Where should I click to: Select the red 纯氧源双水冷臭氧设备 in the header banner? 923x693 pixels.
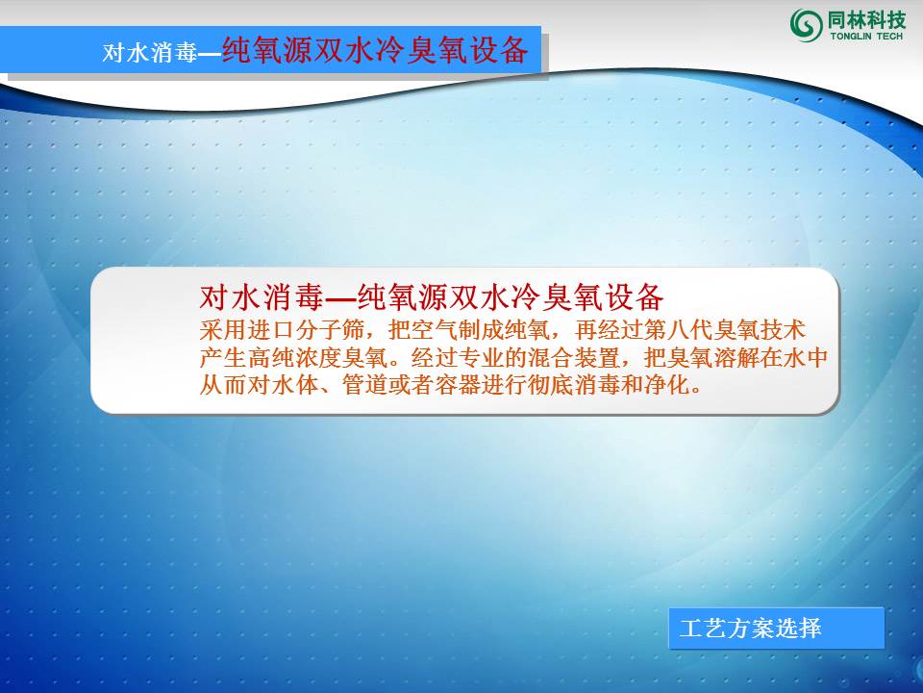(x=375, y=50)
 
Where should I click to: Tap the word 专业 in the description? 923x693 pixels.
(x=469, y=358)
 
